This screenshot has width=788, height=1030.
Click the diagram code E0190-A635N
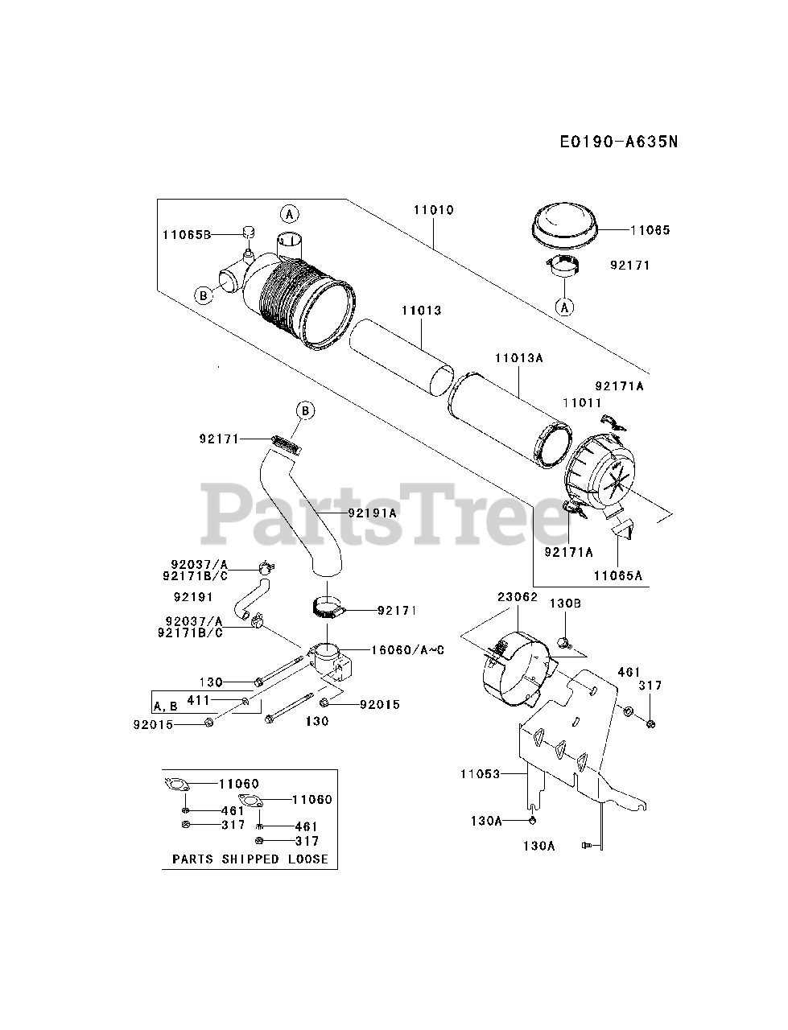(x=619, y=142)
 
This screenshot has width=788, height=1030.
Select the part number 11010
(x=434, y=210)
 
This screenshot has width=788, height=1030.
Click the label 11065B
(x=186, y=234)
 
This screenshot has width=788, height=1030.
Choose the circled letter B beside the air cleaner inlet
(x=204, y=295)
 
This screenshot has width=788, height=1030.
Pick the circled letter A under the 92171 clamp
(x=566, y=307)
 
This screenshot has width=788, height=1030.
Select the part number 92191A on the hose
(x=373, y=512)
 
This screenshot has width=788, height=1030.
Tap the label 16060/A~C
(x=408, y=650)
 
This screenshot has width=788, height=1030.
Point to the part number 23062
(x=517, y=597)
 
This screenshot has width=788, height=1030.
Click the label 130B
(x=566, y=604)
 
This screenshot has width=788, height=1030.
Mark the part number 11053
(x=480, y=774)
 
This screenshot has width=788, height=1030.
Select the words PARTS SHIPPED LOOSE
(x=250, y=859)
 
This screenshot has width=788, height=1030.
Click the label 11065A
(x=618, y=575)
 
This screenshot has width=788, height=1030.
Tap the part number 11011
(x=582, y=401)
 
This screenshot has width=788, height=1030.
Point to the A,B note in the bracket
(x=166, y=706)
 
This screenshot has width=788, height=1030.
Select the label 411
(x=199, y=701)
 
